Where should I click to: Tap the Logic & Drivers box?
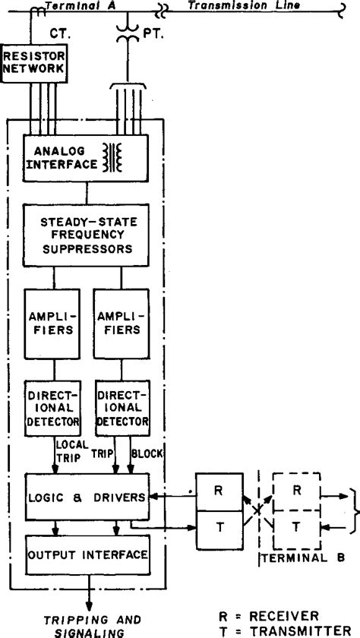tap(85, 497)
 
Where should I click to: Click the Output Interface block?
tap(85, 554)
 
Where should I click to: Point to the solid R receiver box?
tap(216, 490)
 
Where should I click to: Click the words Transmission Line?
tap(233, 5)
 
